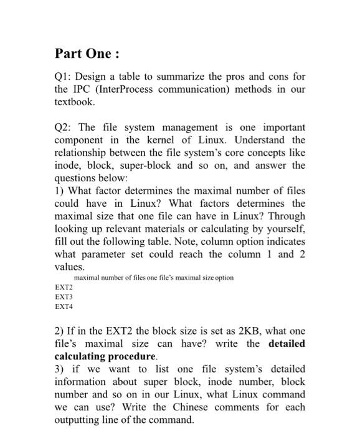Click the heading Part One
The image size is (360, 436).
[x=85, y=54]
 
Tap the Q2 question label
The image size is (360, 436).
[x=64, y=126]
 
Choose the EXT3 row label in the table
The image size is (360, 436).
[x=64, y=297]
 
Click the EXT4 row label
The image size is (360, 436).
[x=64, y=306]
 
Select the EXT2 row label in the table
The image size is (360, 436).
[x=64, y=288]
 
